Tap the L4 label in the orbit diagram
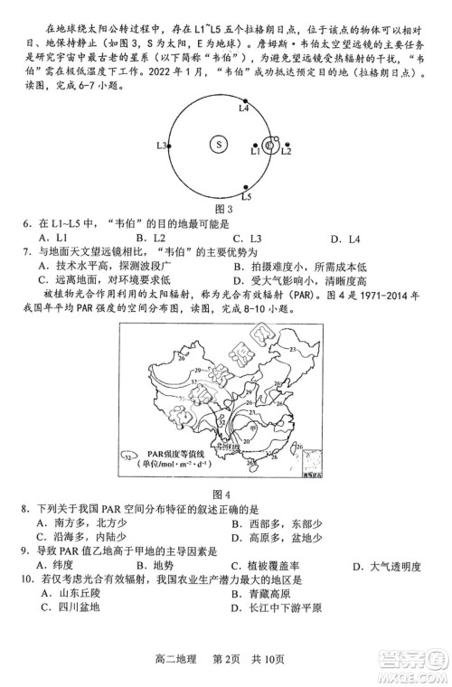click(x=243, y=108)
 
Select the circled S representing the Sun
click(x=218, y=144)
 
